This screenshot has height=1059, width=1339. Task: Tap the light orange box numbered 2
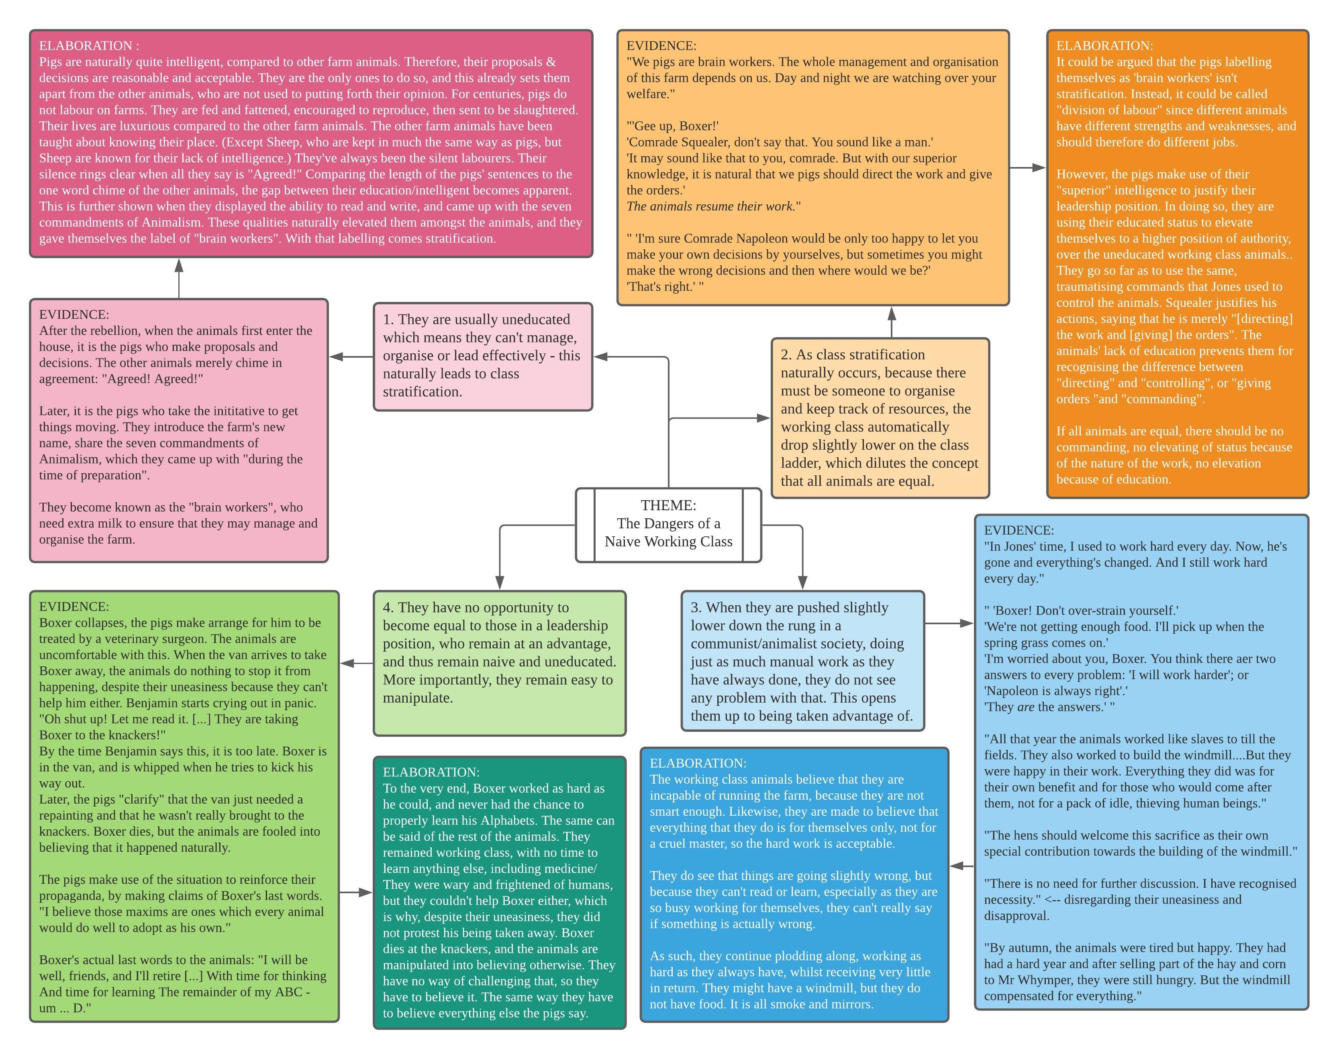[880, 418]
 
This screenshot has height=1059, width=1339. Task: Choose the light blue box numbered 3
[802, 661]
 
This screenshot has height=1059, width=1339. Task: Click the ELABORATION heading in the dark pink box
[89, 46]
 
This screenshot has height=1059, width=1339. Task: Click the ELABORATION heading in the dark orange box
[1104, 46]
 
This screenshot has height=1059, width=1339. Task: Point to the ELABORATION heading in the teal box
[431, 772]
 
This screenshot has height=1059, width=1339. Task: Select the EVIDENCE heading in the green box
[74, 607]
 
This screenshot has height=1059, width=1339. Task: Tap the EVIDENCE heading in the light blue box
[1019, 530]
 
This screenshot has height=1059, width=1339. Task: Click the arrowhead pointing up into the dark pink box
[179, 265]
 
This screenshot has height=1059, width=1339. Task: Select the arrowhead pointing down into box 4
[500, 582]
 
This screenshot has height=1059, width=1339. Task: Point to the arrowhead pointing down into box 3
[802, 582]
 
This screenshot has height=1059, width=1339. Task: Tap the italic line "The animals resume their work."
[711, 206]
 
